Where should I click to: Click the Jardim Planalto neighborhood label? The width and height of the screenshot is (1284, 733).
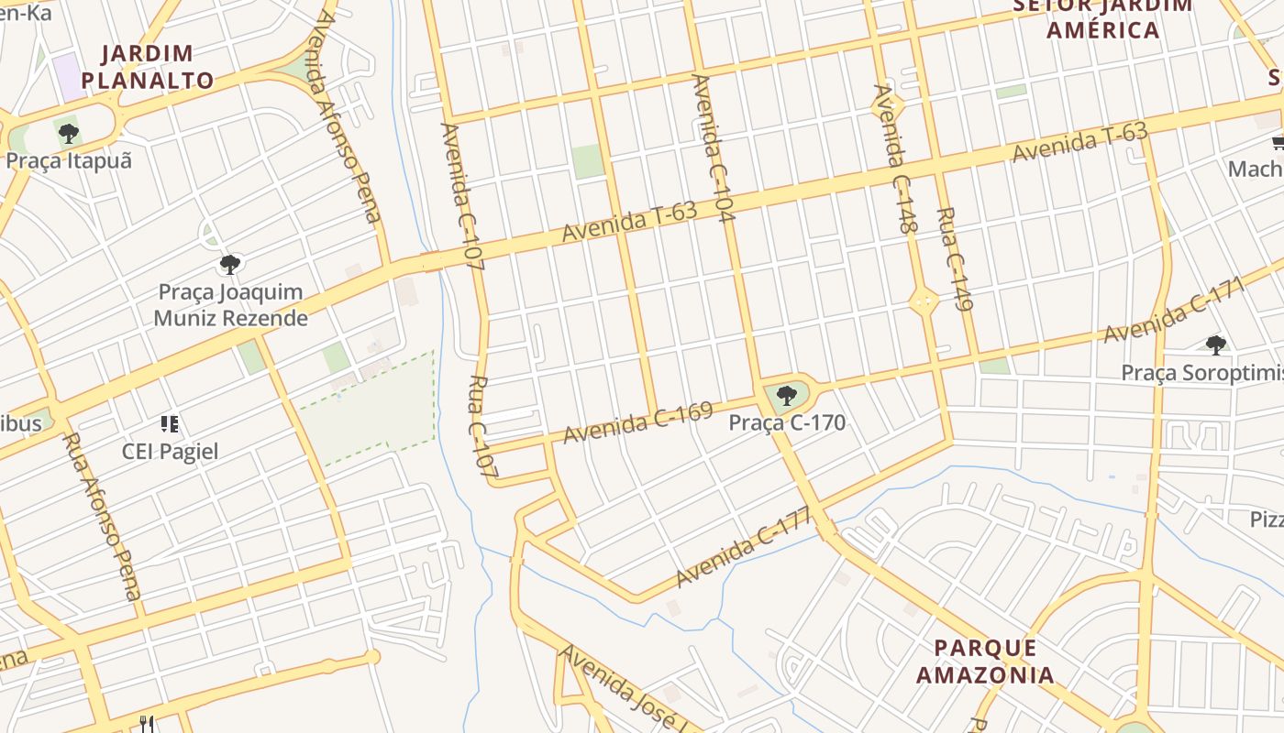[x=147, y=67]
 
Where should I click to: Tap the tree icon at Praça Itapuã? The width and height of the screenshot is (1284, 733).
[x=68, y=134]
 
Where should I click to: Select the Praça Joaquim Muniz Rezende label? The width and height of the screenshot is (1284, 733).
[x=230, y=305]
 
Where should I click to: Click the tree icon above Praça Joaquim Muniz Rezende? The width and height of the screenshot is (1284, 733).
[x=230, y=265]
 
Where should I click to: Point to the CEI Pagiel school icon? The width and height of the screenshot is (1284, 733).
[x=169, y=423]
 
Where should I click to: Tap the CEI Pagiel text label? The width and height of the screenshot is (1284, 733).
[x=171, y=452]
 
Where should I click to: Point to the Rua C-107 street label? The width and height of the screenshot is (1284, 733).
[x=482, y=427]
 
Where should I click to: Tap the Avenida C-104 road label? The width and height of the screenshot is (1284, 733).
[x=714, y=148]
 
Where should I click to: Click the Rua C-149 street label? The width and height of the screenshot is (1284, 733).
[x=955, y=260]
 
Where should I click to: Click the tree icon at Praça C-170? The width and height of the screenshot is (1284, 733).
[x=786, y=396]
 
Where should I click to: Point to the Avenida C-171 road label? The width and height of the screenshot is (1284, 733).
[x=1177, y=311]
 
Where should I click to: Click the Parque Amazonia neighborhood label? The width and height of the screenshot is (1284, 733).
[x=986, y=662]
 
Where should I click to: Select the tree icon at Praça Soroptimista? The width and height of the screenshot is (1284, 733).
[x=1216, y=345]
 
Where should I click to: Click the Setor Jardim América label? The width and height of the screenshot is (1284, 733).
[x=1103, y=17]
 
